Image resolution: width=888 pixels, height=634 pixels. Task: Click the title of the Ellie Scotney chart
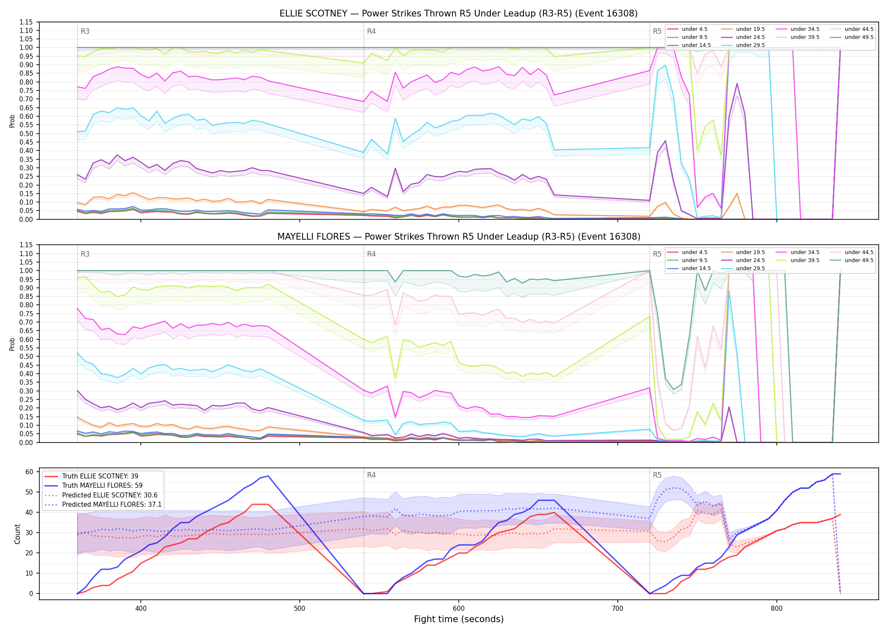(458, 14)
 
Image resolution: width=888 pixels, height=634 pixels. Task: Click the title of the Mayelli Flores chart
(458, 237)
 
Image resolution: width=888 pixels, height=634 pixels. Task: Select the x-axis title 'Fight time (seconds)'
(459, 619)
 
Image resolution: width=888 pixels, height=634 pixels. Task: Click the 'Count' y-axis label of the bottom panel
(17, 534)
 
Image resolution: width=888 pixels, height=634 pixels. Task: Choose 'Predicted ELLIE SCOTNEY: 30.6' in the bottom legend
(101, 495)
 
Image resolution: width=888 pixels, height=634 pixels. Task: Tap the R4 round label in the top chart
(371, 31)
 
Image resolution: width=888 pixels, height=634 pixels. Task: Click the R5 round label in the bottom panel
(657, 475)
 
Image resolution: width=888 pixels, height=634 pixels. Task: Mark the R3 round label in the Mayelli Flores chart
(85, 254)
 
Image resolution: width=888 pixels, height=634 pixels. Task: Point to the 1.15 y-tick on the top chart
(26, 22)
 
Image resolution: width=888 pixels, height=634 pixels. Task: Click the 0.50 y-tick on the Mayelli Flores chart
(26, 356)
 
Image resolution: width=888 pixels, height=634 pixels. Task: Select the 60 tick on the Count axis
(30, 472)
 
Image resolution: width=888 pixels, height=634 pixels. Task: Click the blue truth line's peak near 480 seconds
(268, 476)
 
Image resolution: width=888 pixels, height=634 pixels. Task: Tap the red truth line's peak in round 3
(260, 504)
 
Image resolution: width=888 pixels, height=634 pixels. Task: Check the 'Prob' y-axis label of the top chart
(12, 121)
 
